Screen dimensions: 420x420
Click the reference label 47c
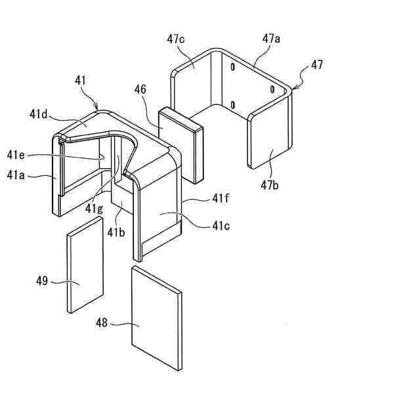[x=176, y=39]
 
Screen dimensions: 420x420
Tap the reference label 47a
[x=272, y=39]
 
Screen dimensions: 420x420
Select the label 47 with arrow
[x=317, y=65]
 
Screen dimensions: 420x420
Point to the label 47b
[x=270, y=186]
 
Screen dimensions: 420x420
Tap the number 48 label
[x=104, y=323]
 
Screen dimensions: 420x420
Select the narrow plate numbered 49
[x=85, y=266]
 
